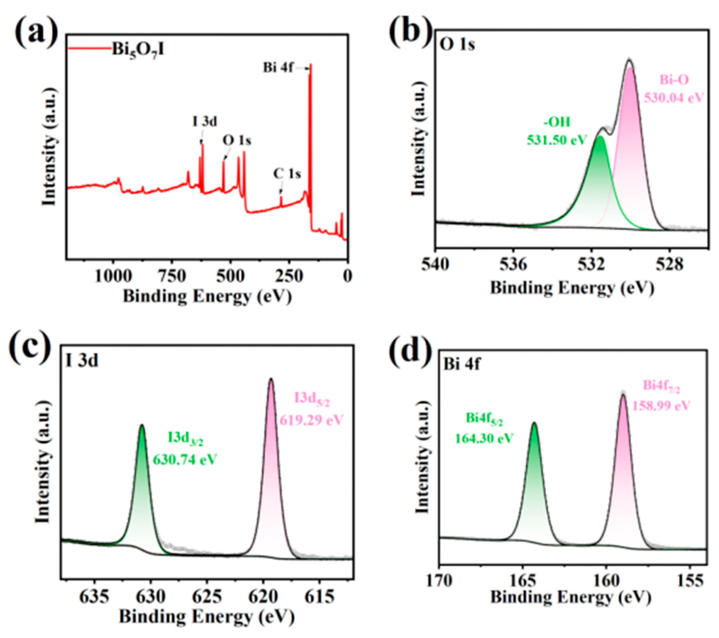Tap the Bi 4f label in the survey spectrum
coord(278,68)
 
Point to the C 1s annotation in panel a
coord(287,174)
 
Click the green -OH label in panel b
coord(557,123)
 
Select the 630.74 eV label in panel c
coord(184,460)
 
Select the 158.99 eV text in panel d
coord(661,405)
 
